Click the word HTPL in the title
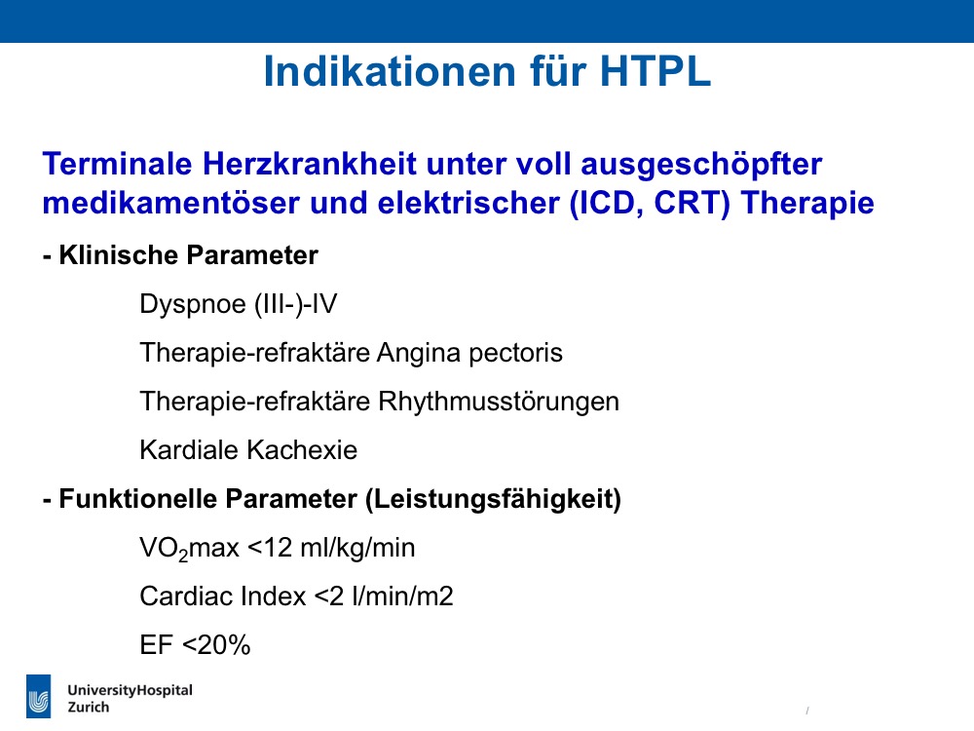click(656, 71)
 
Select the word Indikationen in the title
click(391, 71)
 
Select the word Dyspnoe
click(193, 304)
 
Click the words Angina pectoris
click(469, 353)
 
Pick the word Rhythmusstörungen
click(499, 403)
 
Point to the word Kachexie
click(302, 450)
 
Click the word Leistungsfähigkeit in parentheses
click(493, 500)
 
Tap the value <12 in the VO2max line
click(270, 548)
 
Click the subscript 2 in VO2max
click(183, 556)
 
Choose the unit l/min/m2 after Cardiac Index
click(402, 596)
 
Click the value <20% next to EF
click(216, 645)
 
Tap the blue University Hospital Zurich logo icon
click(39, 696)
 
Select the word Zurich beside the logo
click(89, 708)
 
